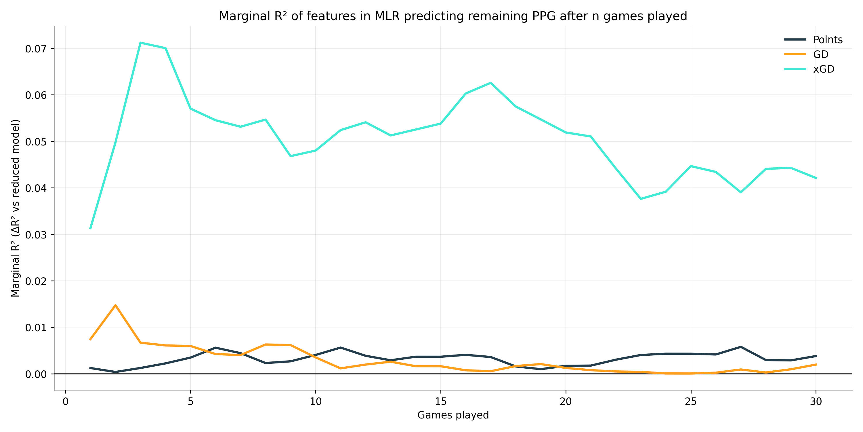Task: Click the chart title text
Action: coord(453,16)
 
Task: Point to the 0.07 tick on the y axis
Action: coord(36,49)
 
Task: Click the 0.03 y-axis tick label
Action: coord(36,234)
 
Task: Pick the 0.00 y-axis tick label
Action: coord(36,374)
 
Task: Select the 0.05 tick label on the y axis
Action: coord(36,141)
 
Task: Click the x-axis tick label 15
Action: coord(440,401)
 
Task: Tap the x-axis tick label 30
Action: coord(816,401)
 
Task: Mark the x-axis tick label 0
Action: coord(65,401)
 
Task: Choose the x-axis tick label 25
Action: coord(691,401)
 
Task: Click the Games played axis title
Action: coord(453,415)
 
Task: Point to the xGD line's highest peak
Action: coord(140,43)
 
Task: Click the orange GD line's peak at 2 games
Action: coord(116,305)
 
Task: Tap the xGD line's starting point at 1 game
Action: coord(90,228)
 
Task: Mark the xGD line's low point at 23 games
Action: coord(641,199)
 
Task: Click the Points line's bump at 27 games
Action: coord(741,347)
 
